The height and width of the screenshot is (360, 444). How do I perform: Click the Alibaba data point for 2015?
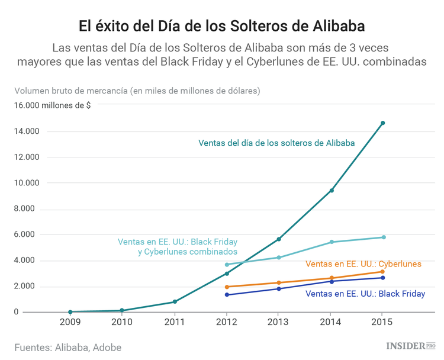point(382,123)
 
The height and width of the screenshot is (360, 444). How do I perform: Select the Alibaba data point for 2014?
point(332,191)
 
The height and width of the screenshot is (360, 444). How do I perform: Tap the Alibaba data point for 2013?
point(278,239)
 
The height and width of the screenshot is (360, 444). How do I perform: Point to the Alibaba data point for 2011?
point(175,302)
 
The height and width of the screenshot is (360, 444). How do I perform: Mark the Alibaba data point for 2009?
point(70,312)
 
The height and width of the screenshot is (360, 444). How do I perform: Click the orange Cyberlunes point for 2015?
point(382,272)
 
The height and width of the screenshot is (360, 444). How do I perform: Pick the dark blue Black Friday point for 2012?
point(227,294)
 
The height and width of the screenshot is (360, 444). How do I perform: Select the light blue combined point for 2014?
point(332,242)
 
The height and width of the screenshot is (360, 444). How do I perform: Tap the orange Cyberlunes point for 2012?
point(227,287)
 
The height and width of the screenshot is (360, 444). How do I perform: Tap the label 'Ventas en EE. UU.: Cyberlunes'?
point(363,263)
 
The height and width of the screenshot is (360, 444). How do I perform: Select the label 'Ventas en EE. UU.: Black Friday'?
point(365,293)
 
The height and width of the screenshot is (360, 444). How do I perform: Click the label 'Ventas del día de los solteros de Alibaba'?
point(276,143)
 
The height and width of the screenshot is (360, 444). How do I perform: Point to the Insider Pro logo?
point(410,345)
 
